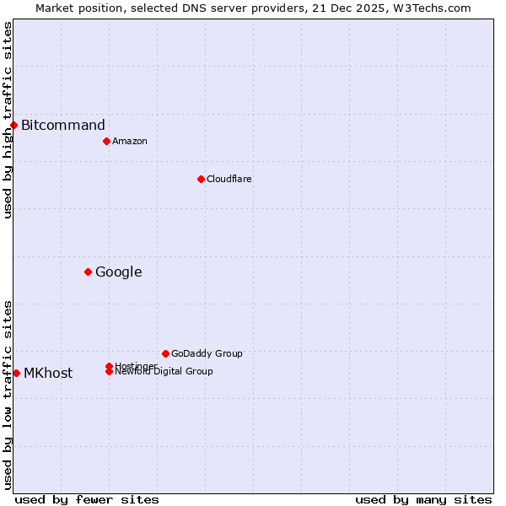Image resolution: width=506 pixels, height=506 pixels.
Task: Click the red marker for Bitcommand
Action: pos(13,126)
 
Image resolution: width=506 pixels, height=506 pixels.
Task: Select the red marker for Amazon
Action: pos(106,141)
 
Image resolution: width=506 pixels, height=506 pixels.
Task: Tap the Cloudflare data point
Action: pos(201,179)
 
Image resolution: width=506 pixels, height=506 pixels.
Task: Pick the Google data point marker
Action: pos(88,272)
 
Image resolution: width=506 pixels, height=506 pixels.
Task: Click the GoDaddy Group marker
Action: pos(165,353)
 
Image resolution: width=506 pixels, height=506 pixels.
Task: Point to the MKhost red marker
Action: pos(16,373)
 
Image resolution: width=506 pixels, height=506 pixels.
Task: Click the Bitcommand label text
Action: pos(63,126)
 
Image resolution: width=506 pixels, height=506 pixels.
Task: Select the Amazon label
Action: pos(130,141)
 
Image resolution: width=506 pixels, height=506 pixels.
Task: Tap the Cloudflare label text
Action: pos(229,179)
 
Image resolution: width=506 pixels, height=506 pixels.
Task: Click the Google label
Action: pos(119,272)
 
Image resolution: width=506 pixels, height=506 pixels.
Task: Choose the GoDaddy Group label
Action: pos(207,353)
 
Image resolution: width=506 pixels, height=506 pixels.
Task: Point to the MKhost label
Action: pos(48,373)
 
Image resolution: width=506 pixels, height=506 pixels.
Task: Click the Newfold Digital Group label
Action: pos(164,372)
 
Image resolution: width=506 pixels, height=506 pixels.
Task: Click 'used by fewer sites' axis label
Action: pos(87,499)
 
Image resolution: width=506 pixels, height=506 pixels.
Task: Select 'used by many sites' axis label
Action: pos(423,499)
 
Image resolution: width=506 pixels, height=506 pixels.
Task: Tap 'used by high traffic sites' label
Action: pos(8,120)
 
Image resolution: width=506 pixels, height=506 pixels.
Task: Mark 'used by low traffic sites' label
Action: pos(8,394)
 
